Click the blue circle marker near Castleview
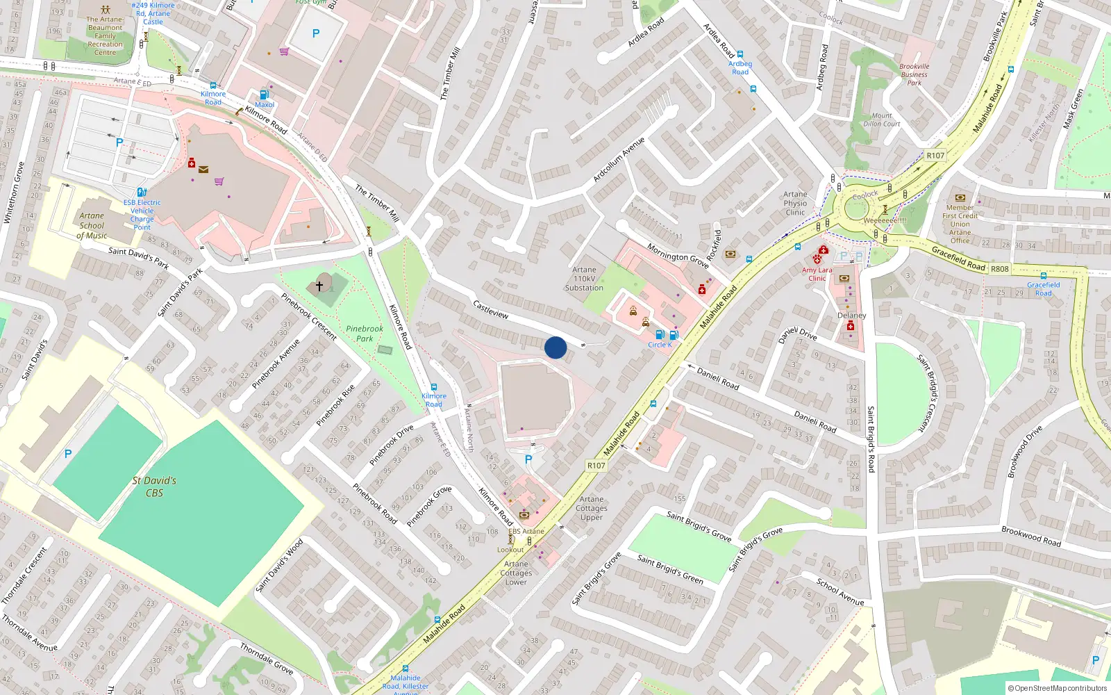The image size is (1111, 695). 555,347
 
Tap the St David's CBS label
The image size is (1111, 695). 154,486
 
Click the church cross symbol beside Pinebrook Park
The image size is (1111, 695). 319,286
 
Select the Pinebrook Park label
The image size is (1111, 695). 364,334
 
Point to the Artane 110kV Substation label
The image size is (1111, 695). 584,279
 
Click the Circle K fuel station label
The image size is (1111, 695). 660,345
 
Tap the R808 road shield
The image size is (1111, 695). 1000,269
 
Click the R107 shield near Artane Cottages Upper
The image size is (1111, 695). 596,466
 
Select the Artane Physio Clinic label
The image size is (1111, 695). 795,204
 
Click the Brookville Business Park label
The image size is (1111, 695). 914,74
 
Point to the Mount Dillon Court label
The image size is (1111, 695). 882,120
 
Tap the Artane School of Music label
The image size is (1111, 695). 92,226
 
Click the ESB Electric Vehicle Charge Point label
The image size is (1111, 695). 142,215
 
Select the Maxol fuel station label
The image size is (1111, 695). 265,105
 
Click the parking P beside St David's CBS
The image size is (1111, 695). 68,454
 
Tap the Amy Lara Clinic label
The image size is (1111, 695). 817,274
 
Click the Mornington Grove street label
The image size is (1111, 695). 678,256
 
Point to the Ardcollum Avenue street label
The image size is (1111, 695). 618,160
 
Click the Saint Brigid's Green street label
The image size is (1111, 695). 670,569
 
